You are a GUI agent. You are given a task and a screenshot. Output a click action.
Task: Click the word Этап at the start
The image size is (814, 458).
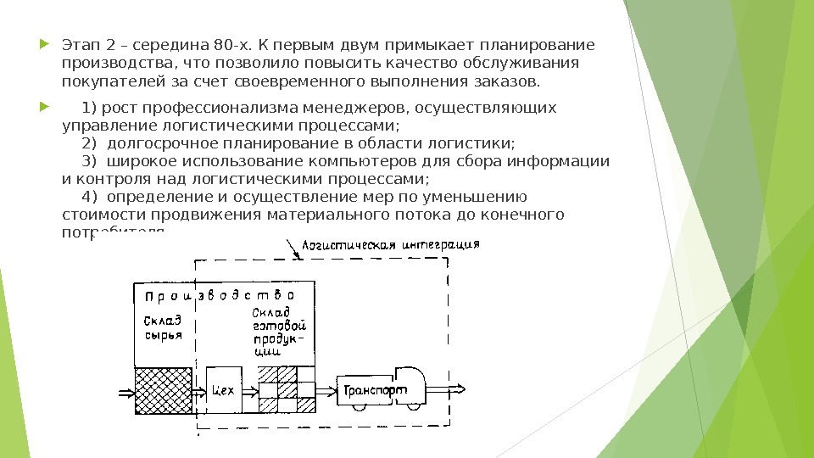pos(81,45)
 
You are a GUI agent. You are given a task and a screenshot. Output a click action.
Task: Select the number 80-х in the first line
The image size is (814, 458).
pos(222,45)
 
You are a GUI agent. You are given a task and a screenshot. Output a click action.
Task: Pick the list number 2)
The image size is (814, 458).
pos(90,143)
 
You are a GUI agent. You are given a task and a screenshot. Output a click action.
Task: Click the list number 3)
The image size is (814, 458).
pos(90,161)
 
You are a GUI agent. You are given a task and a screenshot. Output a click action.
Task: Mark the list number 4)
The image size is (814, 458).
pos(90,197)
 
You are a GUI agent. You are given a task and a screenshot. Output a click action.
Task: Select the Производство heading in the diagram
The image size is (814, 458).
pos(219,296)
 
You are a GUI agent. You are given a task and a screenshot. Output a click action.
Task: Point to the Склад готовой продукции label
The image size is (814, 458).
pos(279,336)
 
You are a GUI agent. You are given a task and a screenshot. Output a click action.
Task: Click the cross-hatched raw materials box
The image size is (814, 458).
pos(164,390)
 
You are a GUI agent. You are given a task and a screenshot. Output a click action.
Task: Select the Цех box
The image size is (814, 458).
pos(224,390)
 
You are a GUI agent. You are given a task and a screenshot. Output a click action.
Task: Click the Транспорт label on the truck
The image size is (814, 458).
pos(375,391)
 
